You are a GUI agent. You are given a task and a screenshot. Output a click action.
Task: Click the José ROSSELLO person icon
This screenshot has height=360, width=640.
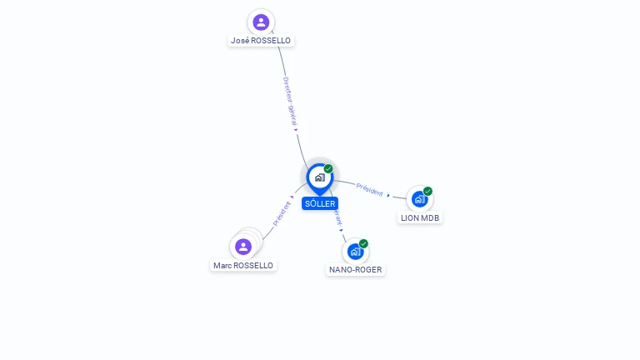click(261, 22)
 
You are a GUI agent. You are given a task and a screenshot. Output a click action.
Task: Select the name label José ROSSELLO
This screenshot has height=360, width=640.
click(262, 40)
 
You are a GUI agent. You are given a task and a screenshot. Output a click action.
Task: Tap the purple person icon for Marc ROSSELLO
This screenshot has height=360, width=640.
click(243, 247)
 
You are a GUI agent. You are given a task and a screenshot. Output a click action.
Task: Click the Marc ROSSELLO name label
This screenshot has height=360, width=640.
click(242, 266)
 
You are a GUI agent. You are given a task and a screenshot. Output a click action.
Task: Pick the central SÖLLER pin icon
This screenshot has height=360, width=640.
click(319, 177)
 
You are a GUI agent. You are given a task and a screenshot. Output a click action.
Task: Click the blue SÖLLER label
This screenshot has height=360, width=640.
click(320, 203)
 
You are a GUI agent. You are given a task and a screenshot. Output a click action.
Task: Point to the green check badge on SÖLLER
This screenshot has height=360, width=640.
click(328, 168)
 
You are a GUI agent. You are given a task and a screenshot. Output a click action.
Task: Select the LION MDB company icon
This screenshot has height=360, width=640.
click(419, 199)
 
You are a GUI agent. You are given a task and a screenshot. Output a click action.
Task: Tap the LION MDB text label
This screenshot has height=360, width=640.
click(419, 217)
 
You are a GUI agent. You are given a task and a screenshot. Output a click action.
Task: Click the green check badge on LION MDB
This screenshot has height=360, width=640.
click(427, 191)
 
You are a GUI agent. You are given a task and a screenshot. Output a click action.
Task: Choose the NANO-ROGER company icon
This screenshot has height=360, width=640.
click(355, 251)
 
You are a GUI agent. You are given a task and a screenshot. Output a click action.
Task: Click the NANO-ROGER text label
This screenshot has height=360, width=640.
click(356, 269)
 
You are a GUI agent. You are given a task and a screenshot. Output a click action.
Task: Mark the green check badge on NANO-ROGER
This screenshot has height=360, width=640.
click(363, 243)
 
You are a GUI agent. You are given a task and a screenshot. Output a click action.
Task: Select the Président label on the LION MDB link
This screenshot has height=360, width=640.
click(369, 189)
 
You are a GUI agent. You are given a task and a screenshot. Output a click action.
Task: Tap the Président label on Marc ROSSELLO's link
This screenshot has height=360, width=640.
click(281, 213)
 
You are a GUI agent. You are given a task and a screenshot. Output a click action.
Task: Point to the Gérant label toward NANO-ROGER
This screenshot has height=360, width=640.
click(337, 217)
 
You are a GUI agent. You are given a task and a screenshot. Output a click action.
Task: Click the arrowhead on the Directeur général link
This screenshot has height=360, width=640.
click(296, 130)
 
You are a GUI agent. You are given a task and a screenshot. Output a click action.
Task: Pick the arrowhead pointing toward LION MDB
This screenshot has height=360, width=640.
click(388, 195)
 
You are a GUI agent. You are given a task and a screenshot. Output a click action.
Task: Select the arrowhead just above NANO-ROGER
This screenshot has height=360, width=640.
click(342, 230)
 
